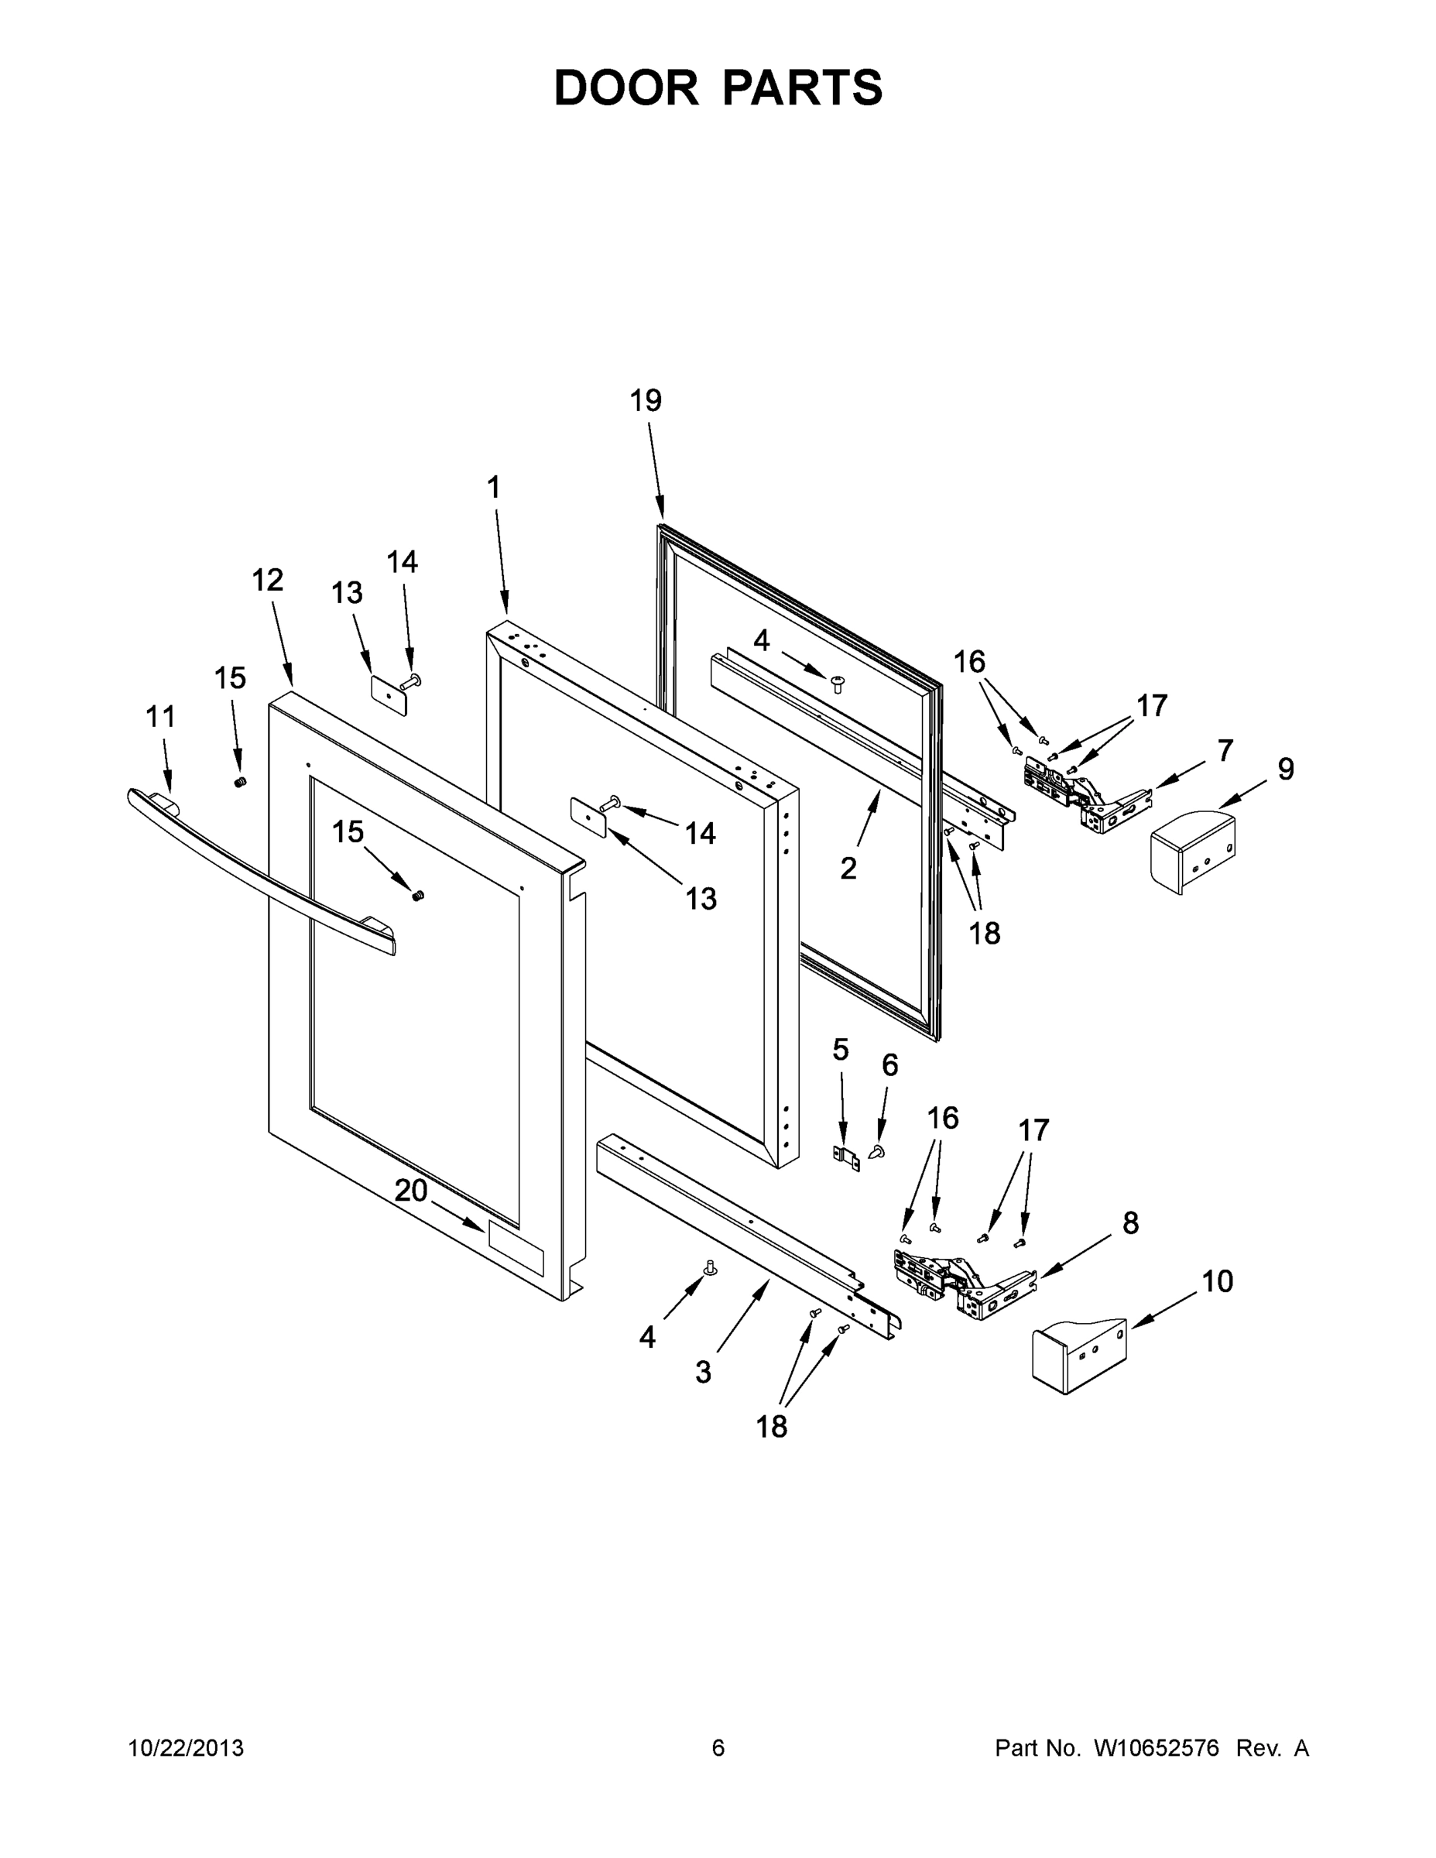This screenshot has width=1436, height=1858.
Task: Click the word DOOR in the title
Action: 625,87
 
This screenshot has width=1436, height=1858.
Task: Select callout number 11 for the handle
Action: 161,717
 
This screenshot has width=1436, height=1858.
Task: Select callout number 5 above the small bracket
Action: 841,1051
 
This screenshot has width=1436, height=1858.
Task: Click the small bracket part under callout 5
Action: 845,1157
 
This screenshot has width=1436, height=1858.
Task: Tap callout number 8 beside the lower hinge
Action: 1129,1223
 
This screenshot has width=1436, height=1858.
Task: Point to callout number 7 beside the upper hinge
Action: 1224,750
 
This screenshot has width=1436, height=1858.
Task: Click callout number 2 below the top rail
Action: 848,869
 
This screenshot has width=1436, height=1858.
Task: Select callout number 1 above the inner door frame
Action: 493,488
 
